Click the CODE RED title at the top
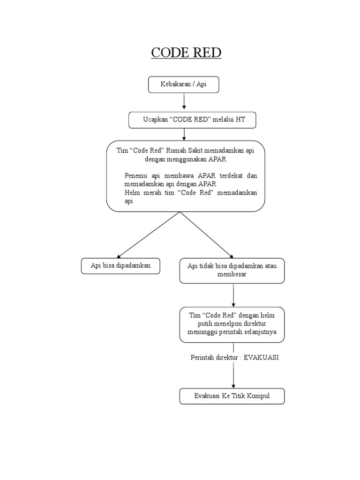click(x=186, y=52)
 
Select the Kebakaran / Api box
click(x=183, y=85)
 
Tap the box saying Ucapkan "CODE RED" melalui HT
click(x=193, y=120)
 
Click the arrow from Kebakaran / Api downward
click(x=184, y=101)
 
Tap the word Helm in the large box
click(x=132, y=193)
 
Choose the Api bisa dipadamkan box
click(x=121, y=265)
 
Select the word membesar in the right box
click(x=232, y=274)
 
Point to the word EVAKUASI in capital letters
click(x=262, y=357)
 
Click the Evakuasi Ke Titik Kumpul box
click(x=232, y=396)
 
